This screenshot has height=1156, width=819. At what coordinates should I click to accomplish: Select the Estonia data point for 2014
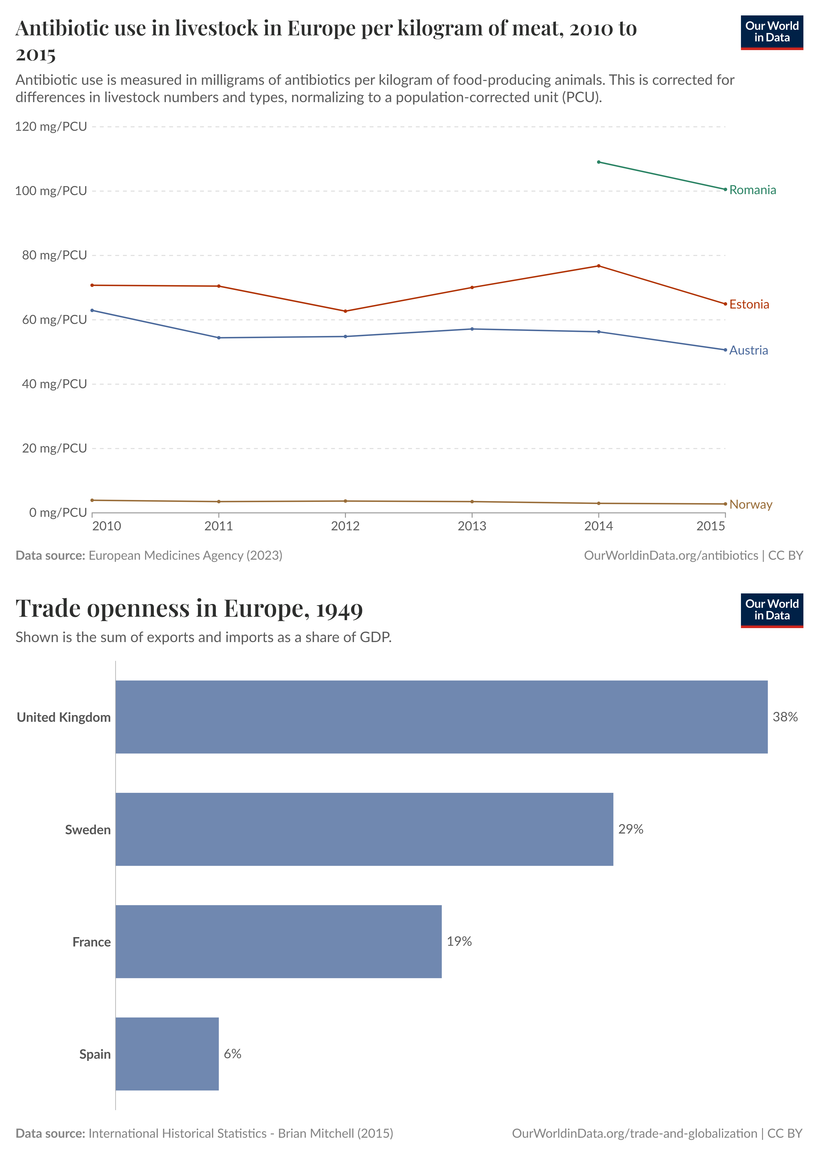(x=599, y=266)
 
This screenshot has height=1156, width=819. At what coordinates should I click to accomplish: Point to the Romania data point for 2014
(x=599, y=162)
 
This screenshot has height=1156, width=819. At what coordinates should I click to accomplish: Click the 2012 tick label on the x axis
(x=345, y=526)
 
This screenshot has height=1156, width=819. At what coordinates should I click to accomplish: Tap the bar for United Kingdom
(x=441, y=717)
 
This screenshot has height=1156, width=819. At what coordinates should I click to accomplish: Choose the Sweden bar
(x=364, y=829)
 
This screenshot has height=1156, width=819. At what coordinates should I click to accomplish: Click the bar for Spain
(x=167, y=1054)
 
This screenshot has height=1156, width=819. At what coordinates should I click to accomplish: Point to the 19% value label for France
(x=459, y=941)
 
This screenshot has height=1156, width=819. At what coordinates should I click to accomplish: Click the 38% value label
(x=785, y=717)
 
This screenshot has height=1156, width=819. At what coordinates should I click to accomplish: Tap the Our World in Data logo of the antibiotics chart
(x=772, y=32)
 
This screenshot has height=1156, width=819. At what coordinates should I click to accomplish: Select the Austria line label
(x=748, y=350)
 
